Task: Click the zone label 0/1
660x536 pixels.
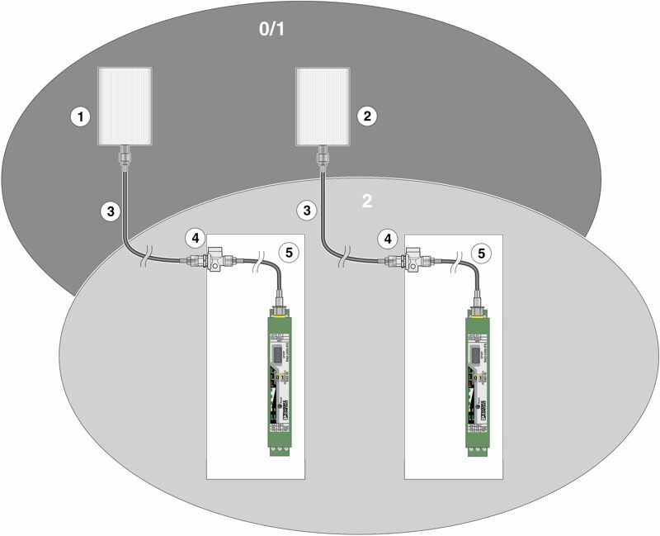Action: [273, 31]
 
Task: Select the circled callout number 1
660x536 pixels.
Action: [80, 116]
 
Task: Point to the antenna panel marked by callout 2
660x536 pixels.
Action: [323, 106]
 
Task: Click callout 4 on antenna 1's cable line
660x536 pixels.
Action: [196, 238]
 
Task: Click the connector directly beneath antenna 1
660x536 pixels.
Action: [125, 154]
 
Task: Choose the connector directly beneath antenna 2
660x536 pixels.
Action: [323, 154]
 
